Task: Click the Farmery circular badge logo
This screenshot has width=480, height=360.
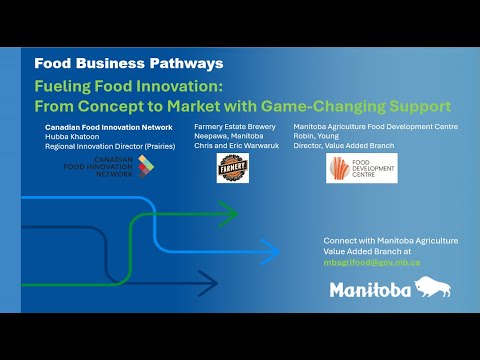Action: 232,168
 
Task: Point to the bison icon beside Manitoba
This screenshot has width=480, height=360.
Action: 431,288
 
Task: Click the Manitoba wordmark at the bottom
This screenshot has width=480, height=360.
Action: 370,290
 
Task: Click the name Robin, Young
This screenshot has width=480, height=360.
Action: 320,137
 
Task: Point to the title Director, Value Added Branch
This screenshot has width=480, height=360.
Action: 344,146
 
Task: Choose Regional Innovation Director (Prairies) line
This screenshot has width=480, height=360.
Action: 106,146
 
